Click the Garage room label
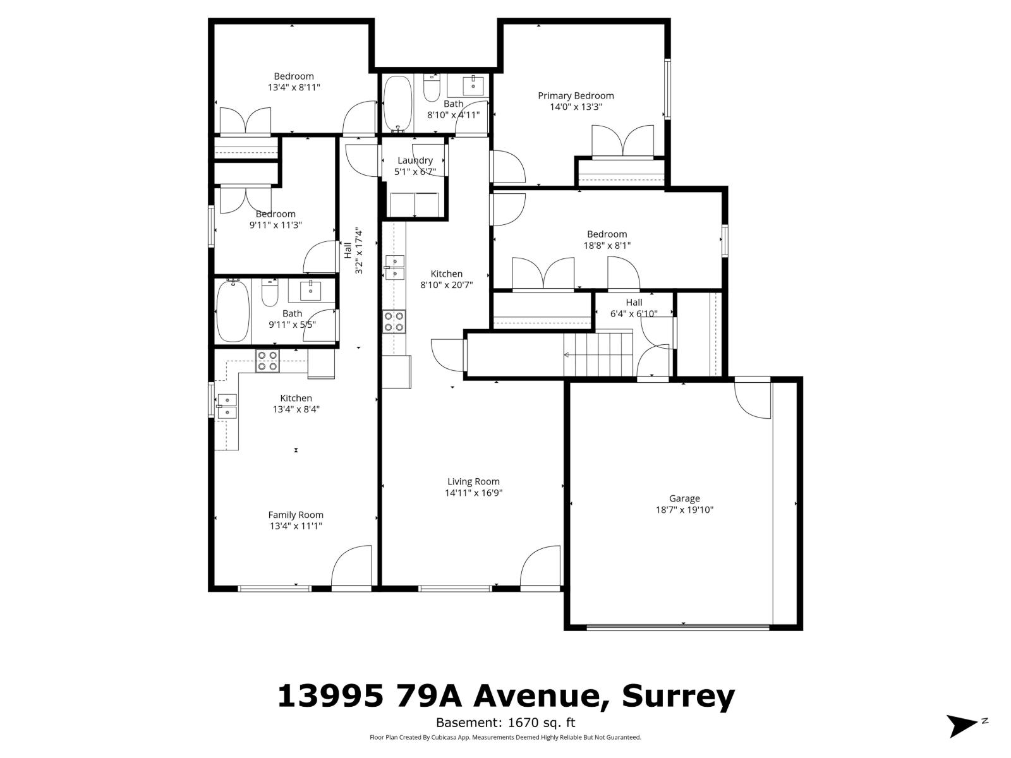point(684,498)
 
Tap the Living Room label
point(473,481)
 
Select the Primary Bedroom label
point(576,95)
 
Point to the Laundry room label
point(415,160)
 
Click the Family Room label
point(296,515)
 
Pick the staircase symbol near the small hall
point(598,354)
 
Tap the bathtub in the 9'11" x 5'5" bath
point(233,312)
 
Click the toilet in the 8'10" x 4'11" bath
point(432,88)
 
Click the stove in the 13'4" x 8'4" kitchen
point(267,361)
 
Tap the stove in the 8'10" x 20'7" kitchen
point(394,321)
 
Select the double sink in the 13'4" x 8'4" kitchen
point(226,406)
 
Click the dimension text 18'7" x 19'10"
point(684,510)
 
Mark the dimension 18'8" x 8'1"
point(607,246)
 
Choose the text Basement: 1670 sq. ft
point(505,723)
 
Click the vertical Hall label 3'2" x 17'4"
point(353,251)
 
